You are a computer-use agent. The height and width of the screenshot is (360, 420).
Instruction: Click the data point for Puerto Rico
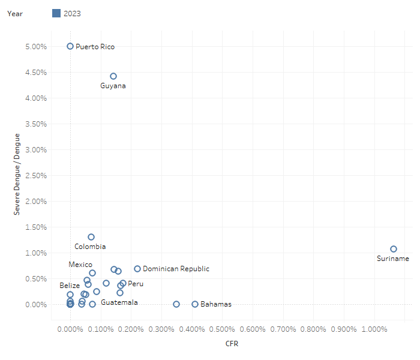click(70, 46)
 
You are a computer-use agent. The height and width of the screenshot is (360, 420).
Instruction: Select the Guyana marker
click(113, 76)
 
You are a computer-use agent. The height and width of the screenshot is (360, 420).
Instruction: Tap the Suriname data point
click(394, 249)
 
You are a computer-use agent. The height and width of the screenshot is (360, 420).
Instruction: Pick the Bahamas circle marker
click(195, 304)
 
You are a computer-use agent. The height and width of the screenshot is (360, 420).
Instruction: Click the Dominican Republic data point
click(137, 269)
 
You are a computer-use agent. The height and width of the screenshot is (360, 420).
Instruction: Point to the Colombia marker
click(91, 237)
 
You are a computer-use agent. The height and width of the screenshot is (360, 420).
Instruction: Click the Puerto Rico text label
click(95, 47)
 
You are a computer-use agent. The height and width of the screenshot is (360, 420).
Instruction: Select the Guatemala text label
click(119, 302)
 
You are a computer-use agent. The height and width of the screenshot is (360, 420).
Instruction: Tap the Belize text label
click(70, 286)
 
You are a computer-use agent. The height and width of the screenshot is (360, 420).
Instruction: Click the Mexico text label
click(80, 265)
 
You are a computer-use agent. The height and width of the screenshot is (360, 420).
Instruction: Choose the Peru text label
click(136, 284)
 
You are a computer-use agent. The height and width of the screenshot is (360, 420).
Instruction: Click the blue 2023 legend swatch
click(56, 13)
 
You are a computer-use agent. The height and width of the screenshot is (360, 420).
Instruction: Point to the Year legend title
click(15, 13)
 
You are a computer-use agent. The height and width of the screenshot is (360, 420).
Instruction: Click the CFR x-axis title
click(232, 344)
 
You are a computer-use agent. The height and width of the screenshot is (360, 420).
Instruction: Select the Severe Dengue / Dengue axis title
click(17, 175)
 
